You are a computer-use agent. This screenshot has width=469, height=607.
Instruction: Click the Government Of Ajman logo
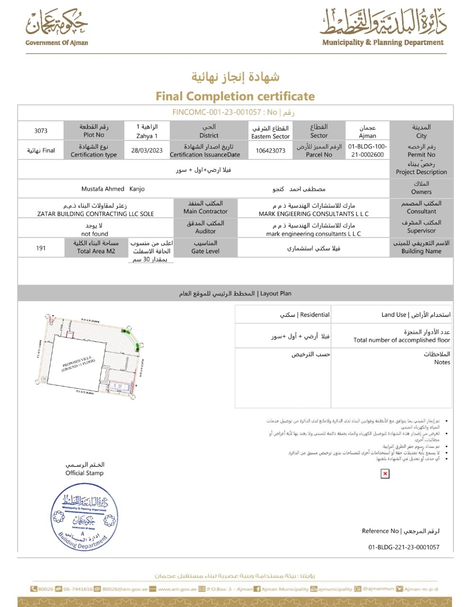pos(56,27)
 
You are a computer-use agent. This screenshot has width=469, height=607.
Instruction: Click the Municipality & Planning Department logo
pos(383,28)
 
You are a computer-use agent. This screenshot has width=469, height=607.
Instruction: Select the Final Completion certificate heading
pos(235,96)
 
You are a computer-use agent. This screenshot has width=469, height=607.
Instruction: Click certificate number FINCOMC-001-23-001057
pos(217,112)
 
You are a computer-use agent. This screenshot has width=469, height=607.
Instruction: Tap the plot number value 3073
pos(41,131)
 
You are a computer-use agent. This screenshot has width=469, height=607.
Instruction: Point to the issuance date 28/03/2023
pos(147,150)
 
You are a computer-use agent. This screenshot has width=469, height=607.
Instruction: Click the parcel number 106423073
pos(270,150)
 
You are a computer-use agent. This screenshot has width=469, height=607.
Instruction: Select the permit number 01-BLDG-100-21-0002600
pos(368,150)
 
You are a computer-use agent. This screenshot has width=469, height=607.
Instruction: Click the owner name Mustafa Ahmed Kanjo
pos(113,189)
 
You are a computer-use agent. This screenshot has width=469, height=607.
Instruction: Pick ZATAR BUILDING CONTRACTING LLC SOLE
pos(95,214)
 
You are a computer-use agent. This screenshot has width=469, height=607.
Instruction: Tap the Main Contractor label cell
pos(205,207)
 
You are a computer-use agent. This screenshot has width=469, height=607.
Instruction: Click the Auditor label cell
pos(205,227)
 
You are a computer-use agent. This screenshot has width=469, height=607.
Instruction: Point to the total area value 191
pos(41,248)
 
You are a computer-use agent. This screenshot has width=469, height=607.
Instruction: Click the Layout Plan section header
pos(235,294)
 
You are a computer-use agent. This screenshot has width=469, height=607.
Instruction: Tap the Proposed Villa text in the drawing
pos(79,364)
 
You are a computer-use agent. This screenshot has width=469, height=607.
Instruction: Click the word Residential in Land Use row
pos(315,314)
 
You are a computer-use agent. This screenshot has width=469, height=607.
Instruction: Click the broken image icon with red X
pos(385,473)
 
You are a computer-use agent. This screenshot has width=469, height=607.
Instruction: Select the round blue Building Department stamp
pos(83,515)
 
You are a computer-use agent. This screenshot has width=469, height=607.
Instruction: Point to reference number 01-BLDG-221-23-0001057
pos(404,547)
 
